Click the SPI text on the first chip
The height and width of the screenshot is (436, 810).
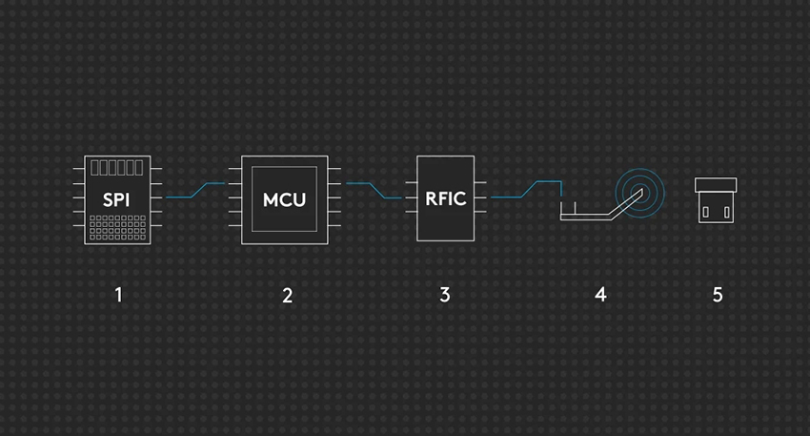(117, 199)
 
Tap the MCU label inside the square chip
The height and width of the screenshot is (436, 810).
(285, 200)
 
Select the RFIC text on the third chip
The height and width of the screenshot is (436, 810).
(445, 199)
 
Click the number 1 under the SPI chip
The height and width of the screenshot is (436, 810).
(118, 295)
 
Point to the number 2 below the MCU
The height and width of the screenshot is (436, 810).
(287, 295)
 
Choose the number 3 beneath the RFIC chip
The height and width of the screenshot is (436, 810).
(445, 295)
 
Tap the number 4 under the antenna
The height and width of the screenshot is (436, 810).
(600, 295)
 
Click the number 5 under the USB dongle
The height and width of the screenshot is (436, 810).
(718, 295)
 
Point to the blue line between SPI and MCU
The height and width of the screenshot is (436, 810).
(195, 191)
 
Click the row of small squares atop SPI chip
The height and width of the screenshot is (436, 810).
(118, 169)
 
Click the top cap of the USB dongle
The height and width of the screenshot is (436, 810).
(718, 184)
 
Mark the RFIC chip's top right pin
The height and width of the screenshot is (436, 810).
(480, 182)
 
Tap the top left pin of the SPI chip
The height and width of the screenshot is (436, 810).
(78, 170)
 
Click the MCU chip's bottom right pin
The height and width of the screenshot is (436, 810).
(334, 225)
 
